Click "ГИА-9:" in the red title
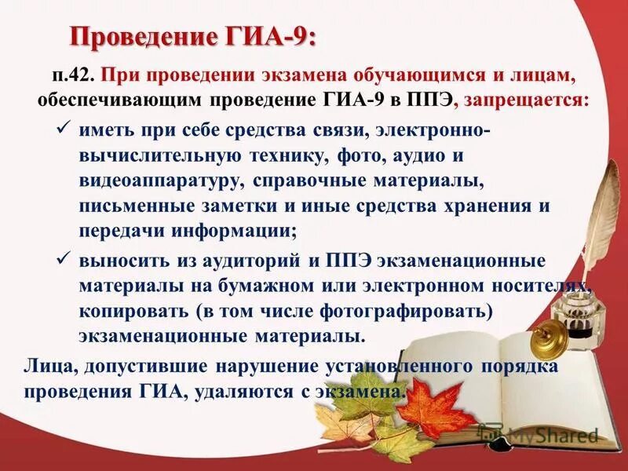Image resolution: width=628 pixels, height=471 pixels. [270, 35]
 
